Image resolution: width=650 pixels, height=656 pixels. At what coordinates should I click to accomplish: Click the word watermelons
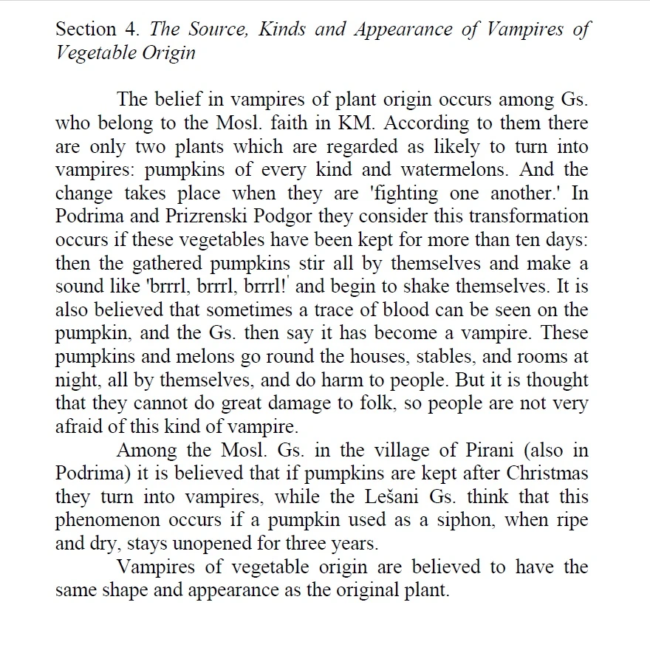[x=464, y=169]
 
